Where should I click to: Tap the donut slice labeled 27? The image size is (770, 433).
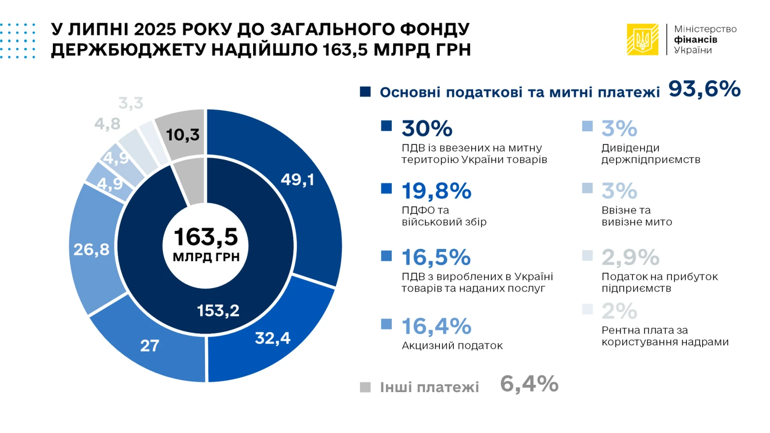(x=149, y=345)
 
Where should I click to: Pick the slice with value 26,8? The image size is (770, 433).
(x=91, y=250)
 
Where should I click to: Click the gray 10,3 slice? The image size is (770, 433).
(x=182, y=134)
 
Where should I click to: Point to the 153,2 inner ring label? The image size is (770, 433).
(x=218, y=310)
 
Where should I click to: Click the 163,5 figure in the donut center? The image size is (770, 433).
(x=206, y=237)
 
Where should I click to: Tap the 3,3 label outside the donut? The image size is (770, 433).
(x=131, y=103)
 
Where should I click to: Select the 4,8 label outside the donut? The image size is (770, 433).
(x=107, y=124)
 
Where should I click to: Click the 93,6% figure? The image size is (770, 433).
(x=704, y=89)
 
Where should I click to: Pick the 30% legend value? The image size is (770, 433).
(x=427, y=129)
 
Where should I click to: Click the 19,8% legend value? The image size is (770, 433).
(x=436, y=191)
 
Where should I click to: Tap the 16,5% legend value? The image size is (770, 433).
(x=436, y=258)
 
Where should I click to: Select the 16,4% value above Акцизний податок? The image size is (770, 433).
(x=436, y=326)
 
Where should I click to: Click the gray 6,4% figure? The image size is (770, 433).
(x=529, y=384)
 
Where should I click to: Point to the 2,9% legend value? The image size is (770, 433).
(x=630, y=258)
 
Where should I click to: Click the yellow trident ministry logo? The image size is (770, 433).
(x=642, y=40)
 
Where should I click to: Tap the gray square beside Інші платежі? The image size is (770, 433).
(x=365, y=387)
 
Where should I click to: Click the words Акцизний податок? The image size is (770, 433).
(x=452, y=346)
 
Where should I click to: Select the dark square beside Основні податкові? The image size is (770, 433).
(x=365, y=92)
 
